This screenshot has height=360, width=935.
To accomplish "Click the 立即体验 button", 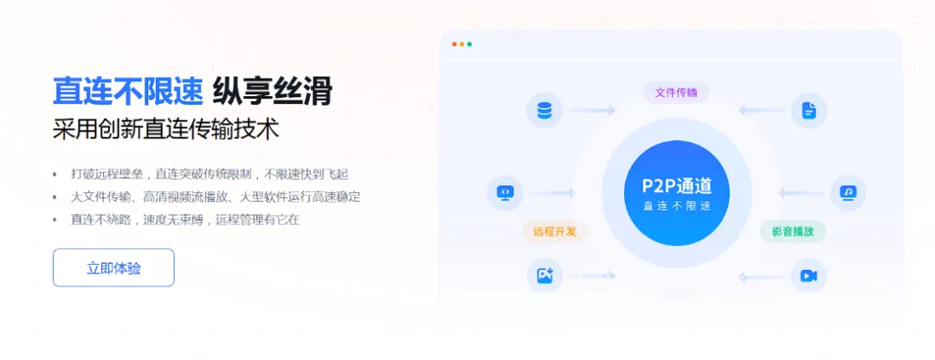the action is (x=113, y=267).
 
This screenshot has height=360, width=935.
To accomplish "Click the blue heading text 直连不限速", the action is (x=127, y=91).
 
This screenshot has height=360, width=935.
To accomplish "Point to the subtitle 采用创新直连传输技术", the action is (x=165, y=130).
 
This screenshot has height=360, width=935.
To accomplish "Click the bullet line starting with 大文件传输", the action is (x=215, y=196).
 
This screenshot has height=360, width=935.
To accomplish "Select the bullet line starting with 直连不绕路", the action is (x=184, y=219).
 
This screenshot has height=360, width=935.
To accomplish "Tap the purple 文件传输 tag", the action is (x=676, y=92).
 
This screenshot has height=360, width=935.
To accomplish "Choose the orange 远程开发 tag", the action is (x=555, y=231).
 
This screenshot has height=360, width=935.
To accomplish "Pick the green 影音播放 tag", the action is (x=792, y=231).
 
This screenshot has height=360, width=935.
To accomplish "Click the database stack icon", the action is (x=545, y=110).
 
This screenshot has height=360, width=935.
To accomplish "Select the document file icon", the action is (x=809, y=110).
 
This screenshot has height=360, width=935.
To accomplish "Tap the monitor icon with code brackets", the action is (x=506, y=192).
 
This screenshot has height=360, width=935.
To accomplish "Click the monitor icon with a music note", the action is (x=848, y=192).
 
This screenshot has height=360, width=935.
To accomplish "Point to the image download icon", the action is (x=545, y=275).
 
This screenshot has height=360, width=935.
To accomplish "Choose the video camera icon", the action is (x=809, y=275).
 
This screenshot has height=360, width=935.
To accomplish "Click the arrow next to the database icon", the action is (x=593, y=110).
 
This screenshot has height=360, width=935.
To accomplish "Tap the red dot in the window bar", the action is (x=455, y=44).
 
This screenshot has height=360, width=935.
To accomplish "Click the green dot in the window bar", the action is (x=469, y=44).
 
